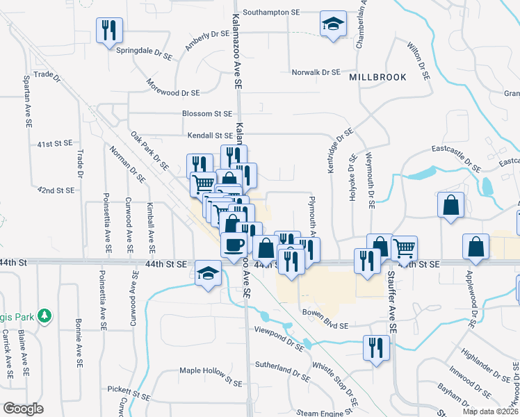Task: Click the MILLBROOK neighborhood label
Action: point(377,77)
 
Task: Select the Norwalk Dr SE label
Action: point(316,72)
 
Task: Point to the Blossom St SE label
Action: point(206,113)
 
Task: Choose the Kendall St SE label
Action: point(209,136)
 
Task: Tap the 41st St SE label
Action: point(55,144)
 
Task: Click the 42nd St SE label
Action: point(56,190)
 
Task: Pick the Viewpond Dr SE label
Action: point(279,337)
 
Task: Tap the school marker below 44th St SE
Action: point(207,272)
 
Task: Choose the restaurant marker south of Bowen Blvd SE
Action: point(376,347)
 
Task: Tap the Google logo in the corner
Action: point(23,409)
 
